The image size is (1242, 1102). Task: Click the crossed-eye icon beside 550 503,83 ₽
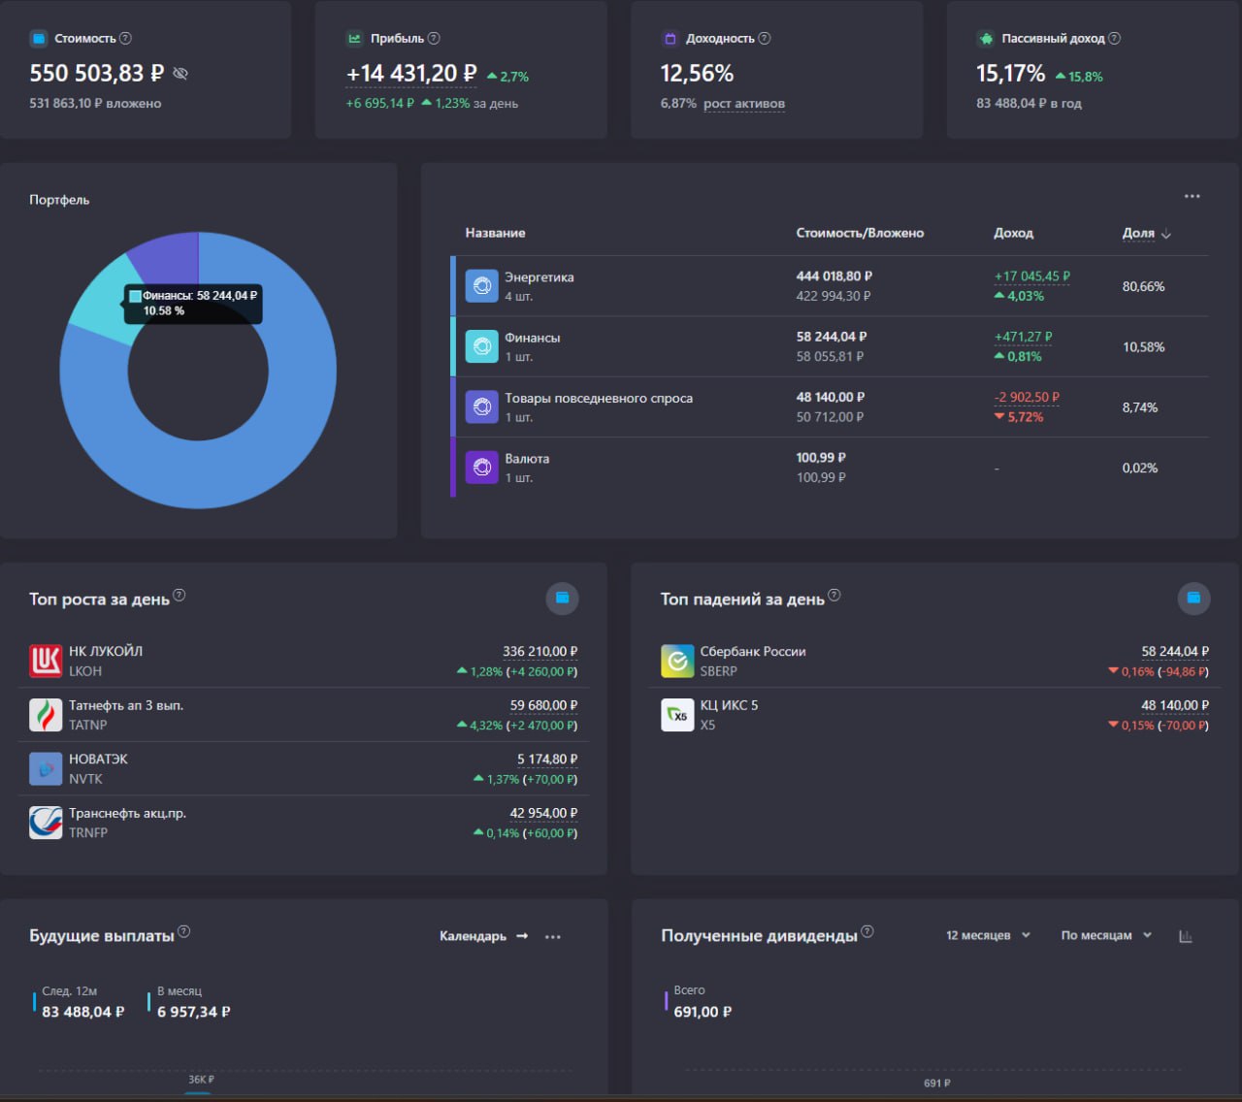[180, 74]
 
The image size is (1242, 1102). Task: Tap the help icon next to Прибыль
[434, 38]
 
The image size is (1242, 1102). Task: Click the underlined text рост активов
[743, 104]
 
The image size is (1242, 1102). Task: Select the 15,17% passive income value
[1010, 74]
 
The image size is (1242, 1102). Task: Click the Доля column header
[1138, 233]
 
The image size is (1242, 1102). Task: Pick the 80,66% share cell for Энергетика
[1143, 286]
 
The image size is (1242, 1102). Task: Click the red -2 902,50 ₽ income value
[1027, 397]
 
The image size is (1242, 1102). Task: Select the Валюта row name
[527, 459]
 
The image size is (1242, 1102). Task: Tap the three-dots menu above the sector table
[1192, 196]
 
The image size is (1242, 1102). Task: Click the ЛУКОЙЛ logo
[46, 661]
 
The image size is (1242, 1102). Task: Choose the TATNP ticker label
[87, 725]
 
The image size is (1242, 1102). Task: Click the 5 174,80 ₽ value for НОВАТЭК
[547, 759]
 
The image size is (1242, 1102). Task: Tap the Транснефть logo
[46, 823]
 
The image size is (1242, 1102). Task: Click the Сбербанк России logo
[677, 661]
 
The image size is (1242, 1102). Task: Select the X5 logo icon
[677, 715]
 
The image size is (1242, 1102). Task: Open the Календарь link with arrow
[483, 936]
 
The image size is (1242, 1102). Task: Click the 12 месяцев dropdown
[988, 935]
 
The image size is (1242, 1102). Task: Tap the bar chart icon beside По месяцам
[1186, 936]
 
